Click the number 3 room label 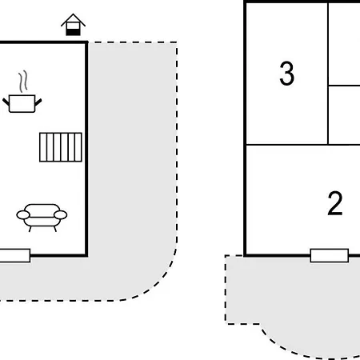pos(287,74)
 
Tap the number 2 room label pos(335,203)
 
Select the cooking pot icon pos(22,103)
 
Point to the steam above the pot pos(23,82)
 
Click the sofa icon pos(42,218)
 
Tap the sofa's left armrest pos(23,214)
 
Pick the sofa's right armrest pos(61,214)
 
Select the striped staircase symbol pos(61,147)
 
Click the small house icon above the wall pos(73,25)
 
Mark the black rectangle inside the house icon pos(73,32)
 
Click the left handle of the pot pos(6,102)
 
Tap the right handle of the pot pos(38,102)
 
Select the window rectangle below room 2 pos(330,255)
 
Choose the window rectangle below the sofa pos(15,255)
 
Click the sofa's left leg pos(30,229)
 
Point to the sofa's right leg pos(55,229)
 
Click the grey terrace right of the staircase pos(132,150)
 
